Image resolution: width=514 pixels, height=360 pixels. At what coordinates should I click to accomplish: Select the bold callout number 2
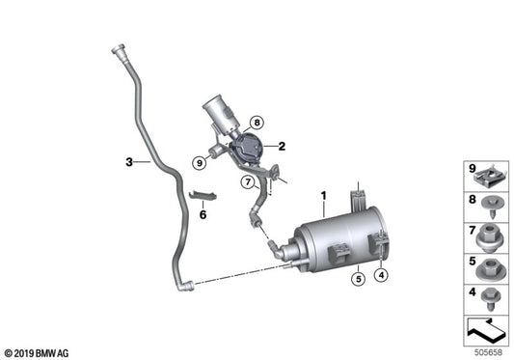click(x=281, y=147)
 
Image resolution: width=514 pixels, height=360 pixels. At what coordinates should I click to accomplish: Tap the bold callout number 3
click(x=127, y=162)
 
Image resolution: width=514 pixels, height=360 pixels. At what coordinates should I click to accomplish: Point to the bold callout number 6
click(x=203, y=214)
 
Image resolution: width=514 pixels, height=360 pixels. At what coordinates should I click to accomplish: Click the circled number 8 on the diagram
click(x=257, y=123)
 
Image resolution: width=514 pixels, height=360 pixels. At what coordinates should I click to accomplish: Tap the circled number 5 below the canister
click(x=357, y=281)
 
